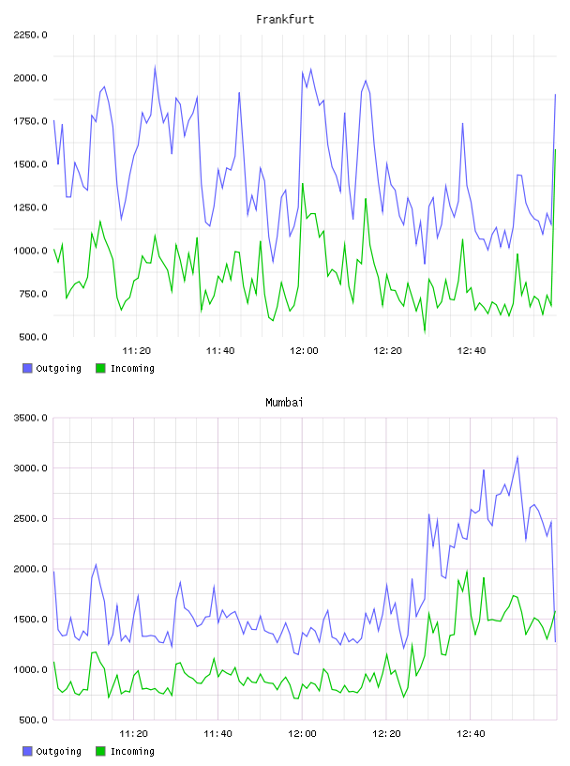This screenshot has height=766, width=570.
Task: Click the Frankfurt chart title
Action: click(x=285, y=20)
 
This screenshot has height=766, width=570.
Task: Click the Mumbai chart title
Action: click(x=284, y=403)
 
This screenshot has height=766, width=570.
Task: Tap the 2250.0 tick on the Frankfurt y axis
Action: click(x=30, y=35)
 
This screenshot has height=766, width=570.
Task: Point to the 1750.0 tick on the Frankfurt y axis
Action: click(x=30, y=121)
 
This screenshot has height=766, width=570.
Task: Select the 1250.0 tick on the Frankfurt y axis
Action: click(x=30, y=207)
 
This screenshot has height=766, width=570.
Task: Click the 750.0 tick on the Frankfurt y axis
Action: click(x=33, y=294)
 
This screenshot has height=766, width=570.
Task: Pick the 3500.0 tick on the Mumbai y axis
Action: click(x=30, y=418)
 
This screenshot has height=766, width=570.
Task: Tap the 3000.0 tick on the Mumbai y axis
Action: click(x=30, y=468)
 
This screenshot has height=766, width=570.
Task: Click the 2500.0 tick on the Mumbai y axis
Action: click(x=30, y=518)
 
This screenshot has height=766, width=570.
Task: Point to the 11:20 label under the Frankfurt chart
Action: click(x=136, y=351)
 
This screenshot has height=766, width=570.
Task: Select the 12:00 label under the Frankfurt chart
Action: click(x=304, y=351)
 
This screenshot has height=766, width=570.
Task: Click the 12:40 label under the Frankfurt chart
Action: click(x=471, y=351)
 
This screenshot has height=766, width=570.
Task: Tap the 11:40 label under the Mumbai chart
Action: click(x=217, y=734)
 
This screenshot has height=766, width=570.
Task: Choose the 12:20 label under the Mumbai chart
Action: click(x=386, y=734)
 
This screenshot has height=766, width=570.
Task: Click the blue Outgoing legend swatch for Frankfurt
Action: click(x=27, y=368)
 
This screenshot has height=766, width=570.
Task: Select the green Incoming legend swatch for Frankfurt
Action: click(x=100, y=368)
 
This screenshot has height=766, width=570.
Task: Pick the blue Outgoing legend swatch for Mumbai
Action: click(x=27, y=751)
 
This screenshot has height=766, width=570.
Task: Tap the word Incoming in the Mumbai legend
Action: click(x=132, y=751)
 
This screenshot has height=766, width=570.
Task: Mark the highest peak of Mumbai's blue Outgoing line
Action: click(x=517, y=457)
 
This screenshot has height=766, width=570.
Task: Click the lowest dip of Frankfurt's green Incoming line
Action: click(x=425, y=331)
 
